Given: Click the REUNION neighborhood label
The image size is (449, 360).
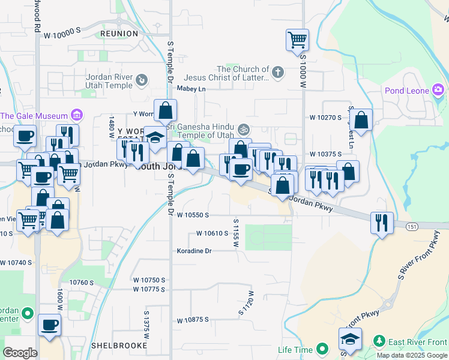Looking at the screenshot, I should pos(119,34).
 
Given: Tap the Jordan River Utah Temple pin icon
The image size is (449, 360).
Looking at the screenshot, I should pos(141,79).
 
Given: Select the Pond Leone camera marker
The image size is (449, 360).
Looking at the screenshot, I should pos(438,91).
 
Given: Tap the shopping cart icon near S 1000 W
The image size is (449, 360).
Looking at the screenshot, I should pos(297,40).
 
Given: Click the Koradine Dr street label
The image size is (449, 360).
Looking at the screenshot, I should pos(194,251).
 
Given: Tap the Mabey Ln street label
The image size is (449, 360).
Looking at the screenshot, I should pos(190,89).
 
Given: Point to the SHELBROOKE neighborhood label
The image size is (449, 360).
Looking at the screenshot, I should pos(119,346).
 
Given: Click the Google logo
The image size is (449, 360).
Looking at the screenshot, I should pos(20,352).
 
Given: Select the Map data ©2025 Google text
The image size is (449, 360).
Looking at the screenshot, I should pos(412,355).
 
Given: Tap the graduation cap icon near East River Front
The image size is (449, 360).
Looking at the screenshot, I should pos(351,338).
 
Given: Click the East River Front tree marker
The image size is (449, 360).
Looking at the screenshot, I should pos(379,341).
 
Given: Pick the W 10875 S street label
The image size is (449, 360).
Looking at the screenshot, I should pos(192,319).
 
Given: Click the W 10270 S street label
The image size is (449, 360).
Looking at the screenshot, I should pos(325,118).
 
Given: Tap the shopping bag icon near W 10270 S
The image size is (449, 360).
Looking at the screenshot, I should pos(361,121).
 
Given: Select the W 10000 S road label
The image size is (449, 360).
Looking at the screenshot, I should pos(62,35).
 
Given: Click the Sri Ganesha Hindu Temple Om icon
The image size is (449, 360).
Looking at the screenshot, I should pos(244,129).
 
